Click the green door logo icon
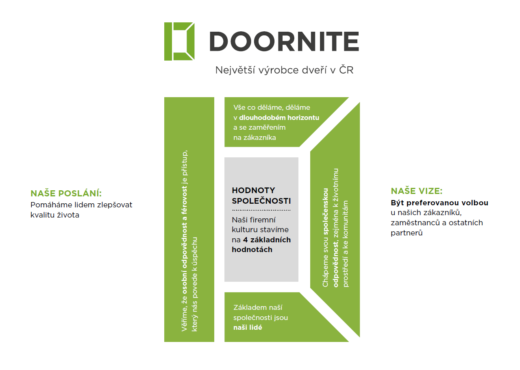point(179,41)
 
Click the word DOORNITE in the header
point(284,41)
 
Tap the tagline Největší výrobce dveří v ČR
point(284,70)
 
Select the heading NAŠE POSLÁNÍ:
point(66,194)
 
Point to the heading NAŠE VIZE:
point(416,191)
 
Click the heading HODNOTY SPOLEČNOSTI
point(261,196)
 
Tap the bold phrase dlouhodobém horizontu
point(279,118)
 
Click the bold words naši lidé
point(248,327)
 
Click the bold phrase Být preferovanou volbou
point(439,202)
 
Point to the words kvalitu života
point(55,215)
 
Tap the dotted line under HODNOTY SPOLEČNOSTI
point(261,210)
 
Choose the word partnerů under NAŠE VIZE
point(407,233)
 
